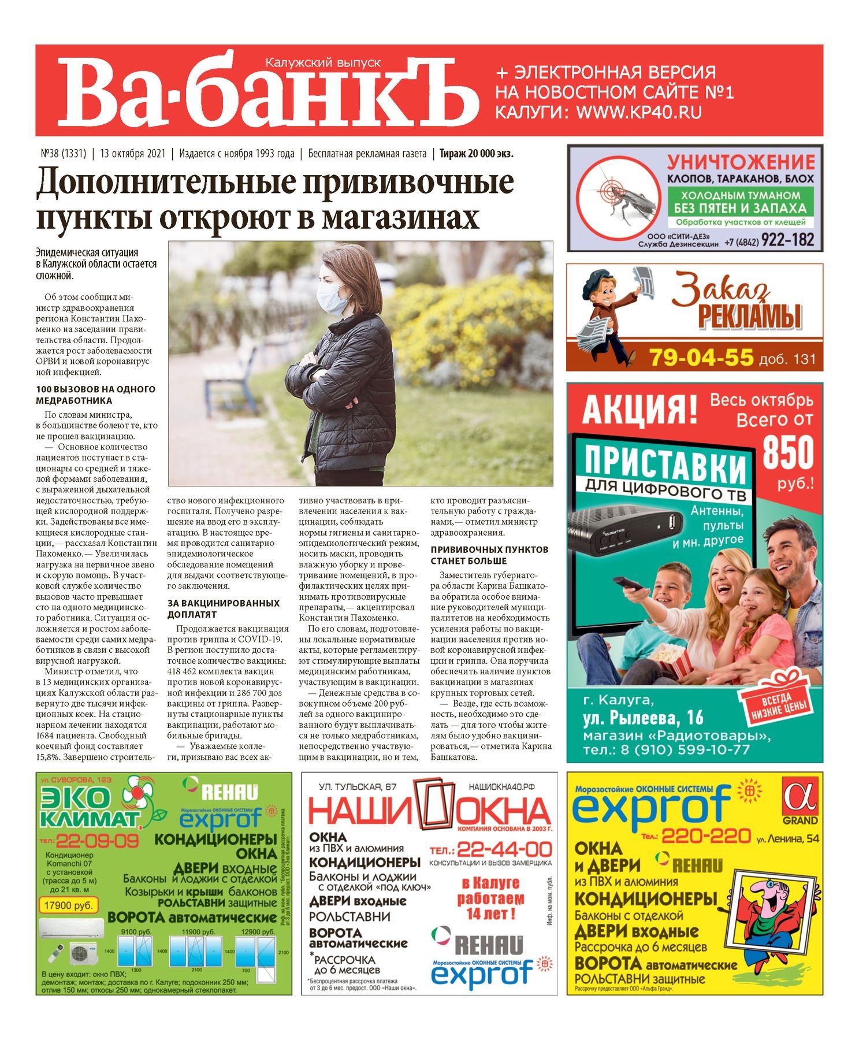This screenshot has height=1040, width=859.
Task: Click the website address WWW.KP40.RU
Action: tap(638, 112)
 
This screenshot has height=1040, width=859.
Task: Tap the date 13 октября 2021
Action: tap(132, 154)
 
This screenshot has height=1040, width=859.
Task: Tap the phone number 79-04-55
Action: tap(701, 357)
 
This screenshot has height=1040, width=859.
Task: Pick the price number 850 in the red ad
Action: tap(787, 453)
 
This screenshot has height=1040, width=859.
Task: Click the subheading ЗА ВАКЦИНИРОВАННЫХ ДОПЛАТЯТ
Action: tap(223, 608)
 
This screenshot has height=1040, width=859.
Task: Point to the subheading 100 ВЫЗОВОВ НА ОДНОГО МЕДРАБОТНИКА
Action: tap(95, 395)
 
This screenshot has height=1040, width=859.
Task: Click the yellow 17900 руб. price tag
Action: tap(69, 905)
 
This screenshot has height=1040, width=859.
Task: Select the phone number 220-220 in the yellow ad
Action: tap(705, 835)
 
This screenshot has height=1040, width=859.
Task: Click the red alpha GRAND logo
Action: tap(799, 800)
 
